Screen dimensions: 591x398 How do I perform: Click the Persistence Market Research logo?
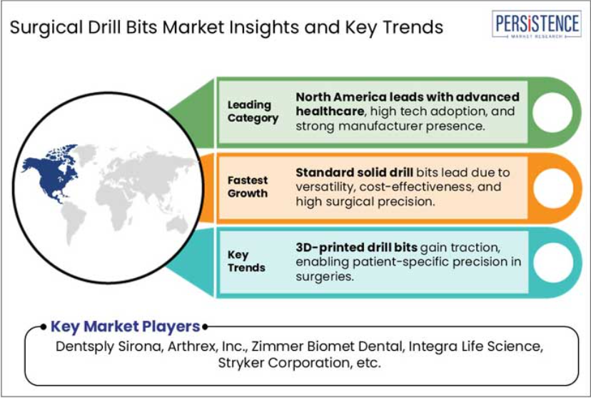(x=536, y=24)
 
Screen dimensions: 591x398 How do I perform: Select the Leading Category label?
(x=253, y=111)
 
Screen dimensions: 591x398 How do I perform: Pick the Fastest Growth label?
(x=248, y=186)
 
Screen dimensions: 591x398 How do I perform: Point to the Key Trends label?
(x=246, y=261)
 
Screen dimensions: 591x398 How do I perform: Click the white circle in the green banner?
(x=552, y=112)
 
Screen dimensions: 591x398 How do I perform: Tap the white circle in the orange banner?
(x=553, y=188)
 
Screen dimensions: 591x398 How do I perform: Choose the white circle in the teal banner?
(x=553, y=262)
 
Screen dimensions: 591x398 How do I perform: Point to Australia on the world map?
(x=178, y=225)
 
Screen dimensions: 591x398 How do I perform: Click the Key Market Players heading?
(x=125, y=327)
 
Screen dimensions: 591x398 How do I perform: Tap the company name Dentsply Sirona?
(x=109, y=347)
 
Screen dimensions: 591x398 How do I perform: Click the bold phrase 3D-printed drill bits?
(x=356, y=247)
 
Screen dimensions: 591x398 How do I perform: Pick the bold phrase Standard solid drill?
(x=354, y=172)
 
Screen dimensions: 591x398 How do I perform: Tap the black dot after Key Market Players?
(x=205, y=327)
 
